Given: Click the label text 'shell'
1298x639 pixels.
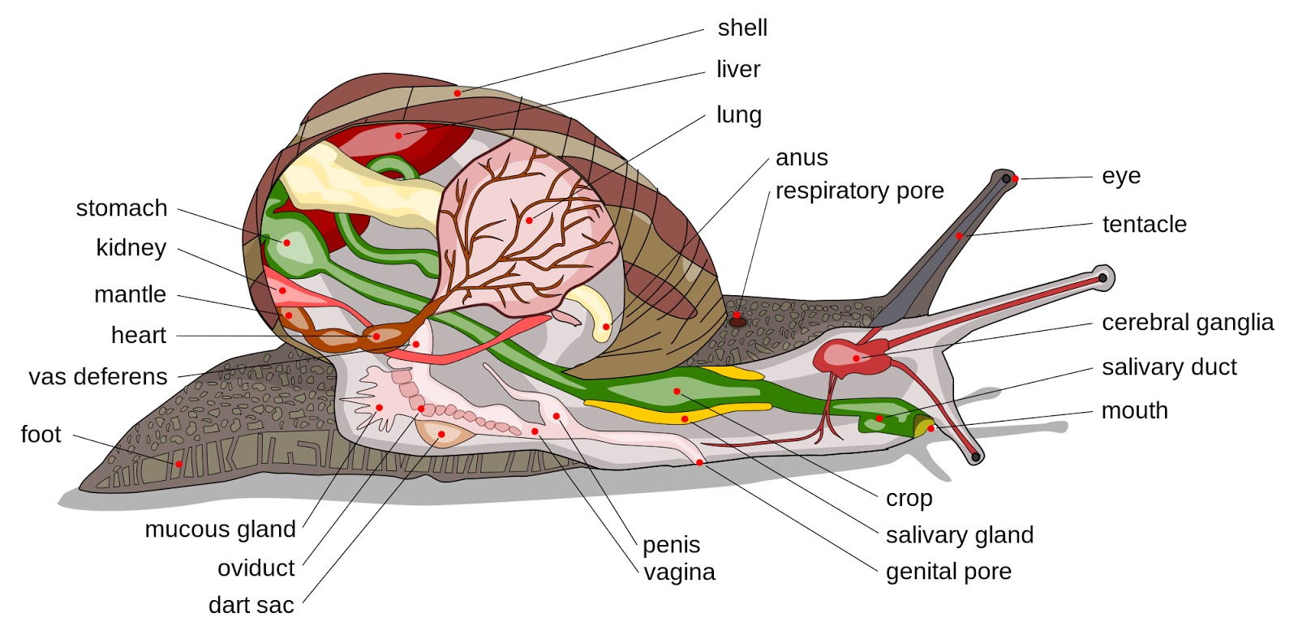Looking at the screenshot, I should pyautogui.click(x=741, y=28).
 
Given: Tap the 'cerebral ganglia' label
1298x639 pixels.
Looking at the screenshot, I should pyautogui.click(x=1187, y=323).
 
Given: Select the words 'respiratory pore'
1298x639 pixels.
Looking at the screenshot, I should pyautogui.click(x=859, y=191).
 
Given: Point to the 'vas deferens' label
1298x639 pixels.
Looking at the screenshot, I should pyautogui.click(x=97, y=376).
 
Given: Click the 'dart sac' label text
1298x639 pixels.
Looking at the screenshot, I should pyautogui.click(x=251, y=605).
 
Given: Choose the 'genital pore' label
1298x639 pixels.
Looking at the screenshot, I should pyautogui.click(x=948, y=572).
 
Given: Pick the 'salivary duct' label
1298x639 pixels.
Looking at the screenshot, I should pyautogui.click(x=1168, y=367).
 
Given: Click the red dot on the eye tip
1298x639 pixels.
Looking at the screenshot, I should pyautogui.click(x=1015, y=178).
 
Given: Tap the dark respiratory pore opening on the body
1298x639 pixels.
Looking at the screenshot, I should pyautogui.click(x=737, y=321).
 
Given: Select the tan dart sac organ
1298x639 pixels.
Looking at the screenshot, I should pyautogui.click(x=443, y=434).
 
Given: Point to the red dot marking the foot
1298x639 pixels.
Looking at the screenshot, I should pyautogui.click(x=178, y=464).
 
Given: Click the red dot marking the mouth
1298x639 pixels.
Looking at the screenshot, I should pyautogui.click(x=931, y=428).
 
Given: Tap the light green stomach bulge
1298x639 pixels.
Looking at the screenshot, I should pyautogui.click(x=286, y=243).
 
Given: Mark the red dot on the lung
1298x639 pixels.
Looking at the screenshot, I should pyautogui.click(x=529, y=220).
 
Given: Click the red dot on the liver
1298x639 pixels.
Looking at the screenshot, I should pyautogui.click(x=398, y=135).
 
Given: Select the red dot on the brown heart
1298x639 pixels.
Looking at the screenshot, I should pyautogui.click(x=376, y=337).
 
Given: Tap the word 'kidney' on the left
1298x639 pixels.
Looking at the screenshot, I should pyautogui.click(x=131, y=248).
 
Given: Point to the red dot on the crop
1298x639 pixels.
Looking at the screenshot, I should pyautogui.click(x=677, y=392).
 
